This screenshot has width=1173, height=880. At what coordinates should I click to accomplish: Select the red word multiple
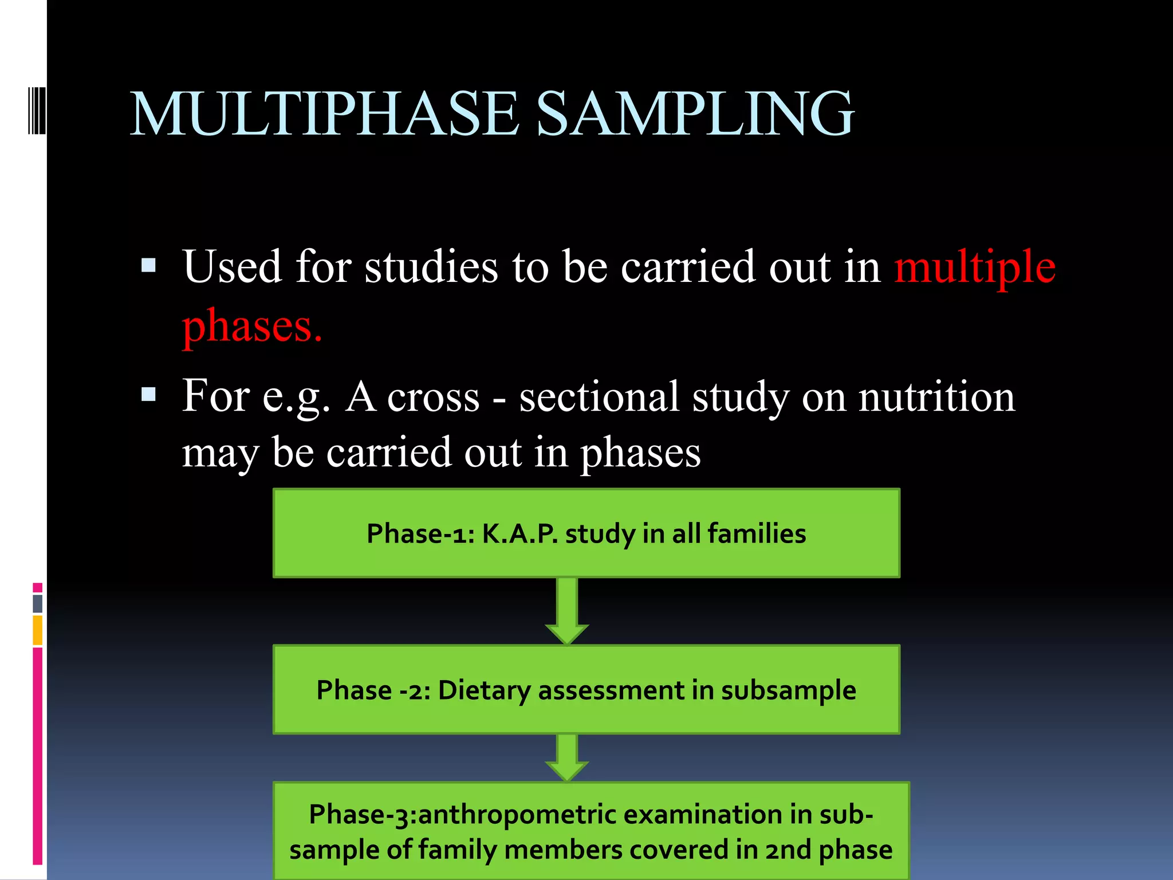[x=975, y=267]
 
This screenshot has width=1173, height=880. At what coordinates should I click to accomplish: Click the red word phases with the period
[x=252, y=325]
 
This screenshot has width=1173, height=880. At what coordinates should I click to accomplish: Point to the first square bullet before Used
[x=148, y=265]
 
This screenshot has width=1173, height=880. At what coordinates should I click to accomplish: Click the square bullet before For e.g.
[x=148, y=394]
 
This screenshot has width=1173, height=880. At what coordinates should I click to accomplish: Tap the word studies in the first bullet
[x=431, y=267]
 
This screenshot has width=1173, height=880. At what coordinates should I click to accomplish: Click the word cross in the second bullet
[x=433, y=398]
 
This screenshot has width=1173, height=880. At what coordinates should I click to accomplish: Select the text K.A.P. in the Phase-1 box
[x=519, y=533]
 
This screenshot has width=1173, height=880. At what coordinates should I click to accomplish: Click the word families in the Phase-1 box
[x=757, y=533]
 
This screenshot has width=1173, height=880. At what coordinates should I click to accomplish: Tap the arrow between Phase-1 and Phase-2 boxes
[x=567, y=611]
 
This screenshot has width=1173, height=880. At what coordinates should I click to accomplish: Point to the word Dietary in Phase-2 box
[x=484, y=690]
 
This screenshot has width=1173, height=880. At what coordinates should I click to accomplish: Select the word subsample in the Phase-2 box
[x=788, y=690]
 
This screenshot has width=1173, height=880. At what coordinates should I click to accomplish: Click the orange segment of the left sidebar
[x=38, y=630]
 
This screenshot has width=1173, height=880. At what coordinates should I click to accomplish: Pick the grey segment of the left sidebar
[x=38, y=603]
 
